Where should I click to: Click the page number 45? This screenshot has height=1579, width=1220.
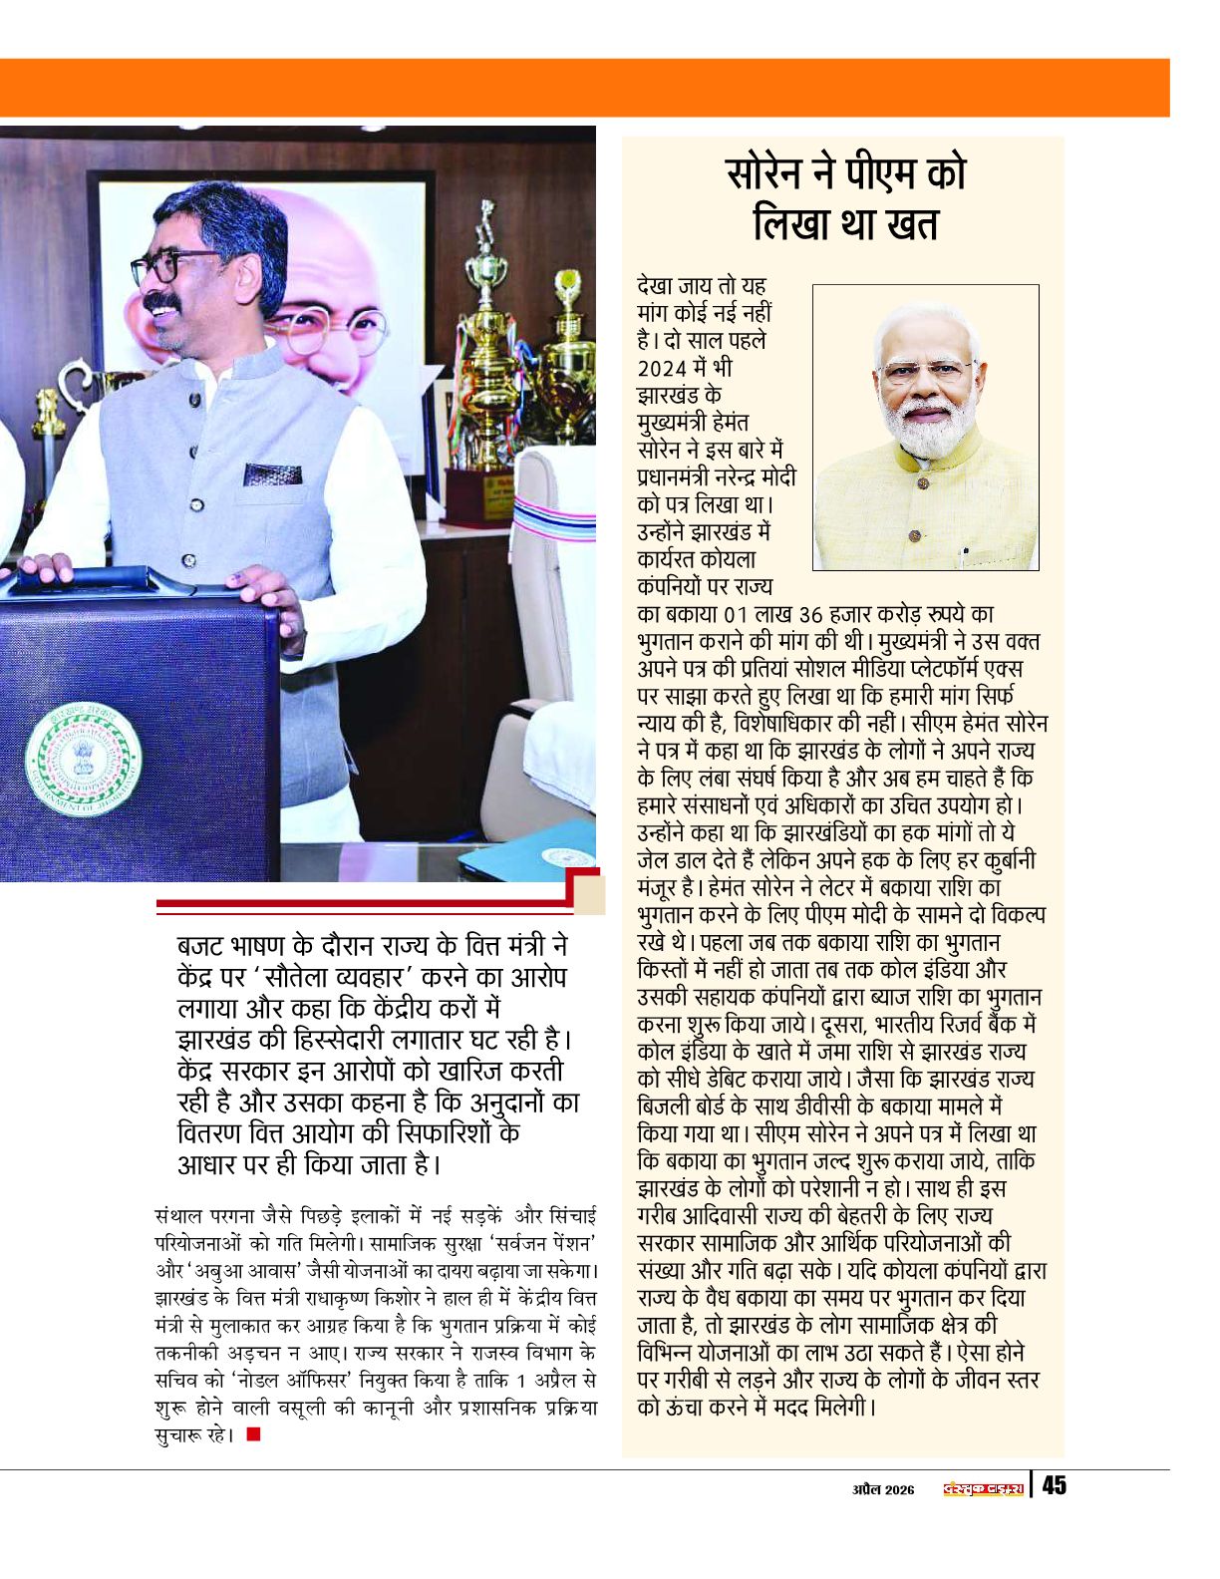pos(1054,1485)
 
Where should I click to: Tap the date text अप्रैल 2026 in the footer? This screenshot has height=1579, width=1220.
pos(883,1489)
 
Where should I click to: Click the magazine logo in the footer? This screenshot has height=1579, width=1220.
pos(984,1488)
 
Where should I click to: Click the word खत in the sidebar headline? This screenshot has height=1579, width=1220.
pos(908,224)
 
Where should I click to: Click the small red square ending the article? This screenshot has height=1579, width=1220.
pos(253,1434)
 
